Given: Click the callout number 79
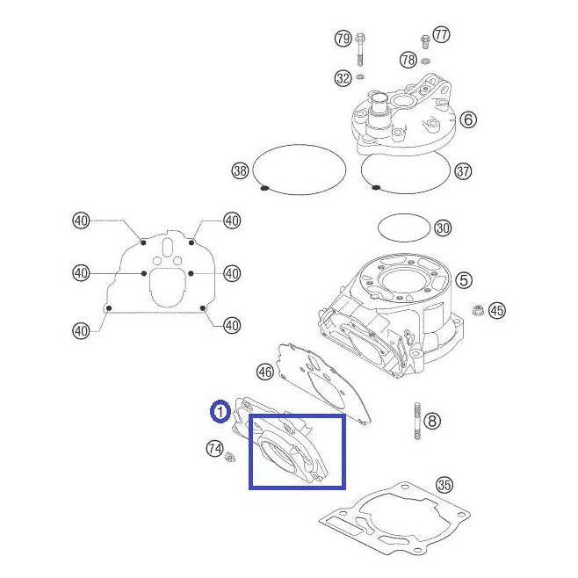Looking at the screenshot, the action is (343, 39).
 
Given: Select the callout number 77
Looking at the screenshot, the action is (441, 35).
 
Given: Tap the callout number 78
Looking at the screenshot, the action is (408, 60).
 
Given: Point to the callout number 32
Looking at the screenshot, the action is (343, 78).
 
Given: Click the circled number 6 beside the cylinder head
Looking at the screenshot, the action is (468, 119).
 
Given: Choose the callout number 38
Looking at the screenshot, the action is (240, 170).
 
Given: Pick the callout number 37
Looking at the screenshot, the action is (463, 171).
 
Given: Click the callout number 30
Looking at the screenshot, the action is (443, 228).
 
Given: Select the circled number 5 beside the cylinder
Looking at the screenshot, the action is (464, 280).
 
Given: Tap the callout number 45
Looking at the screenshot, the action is (497, 310).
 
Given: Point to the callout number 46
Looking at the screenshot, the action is (265, 372).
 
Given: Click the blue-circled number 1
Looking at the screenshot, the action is (220, 411).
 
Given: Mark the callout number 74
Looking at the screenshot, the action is (214, 449).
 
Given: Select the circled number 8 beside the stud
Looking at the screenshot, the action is (432, 421).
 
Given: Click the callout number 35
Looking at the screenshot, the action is (444, 485).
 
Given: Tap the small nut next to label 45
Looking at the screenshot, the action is (478, 309).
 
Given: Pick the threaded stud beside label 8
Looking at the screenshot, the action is (417, 421).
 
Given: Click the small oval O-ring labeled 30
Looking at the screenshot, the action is (404, 213).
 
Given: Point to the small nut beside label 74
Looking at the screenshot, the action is (230, 457).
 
